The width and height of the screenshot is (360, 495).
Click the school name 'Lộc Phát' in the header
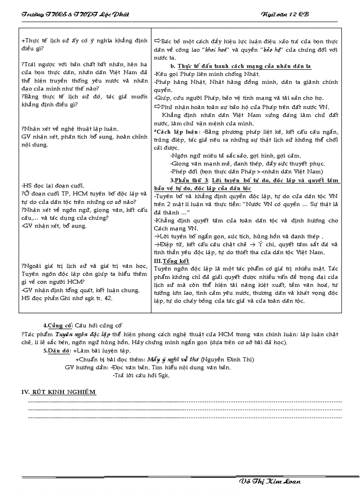116,15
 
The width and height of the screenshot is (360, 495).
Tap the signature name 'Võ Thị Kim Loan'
269,481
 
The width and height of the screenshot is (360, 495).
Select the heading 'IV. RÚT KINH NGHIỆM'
59,392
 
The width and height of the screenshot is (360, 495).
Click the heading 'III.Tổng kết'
172,261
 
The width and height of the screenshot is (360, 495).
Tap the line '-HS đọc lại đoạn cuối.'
52,186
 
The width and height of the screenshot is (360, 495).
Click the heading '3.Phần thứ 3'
189,180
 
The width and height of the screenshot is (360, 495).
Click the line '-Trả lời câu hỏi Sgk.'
141,376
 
